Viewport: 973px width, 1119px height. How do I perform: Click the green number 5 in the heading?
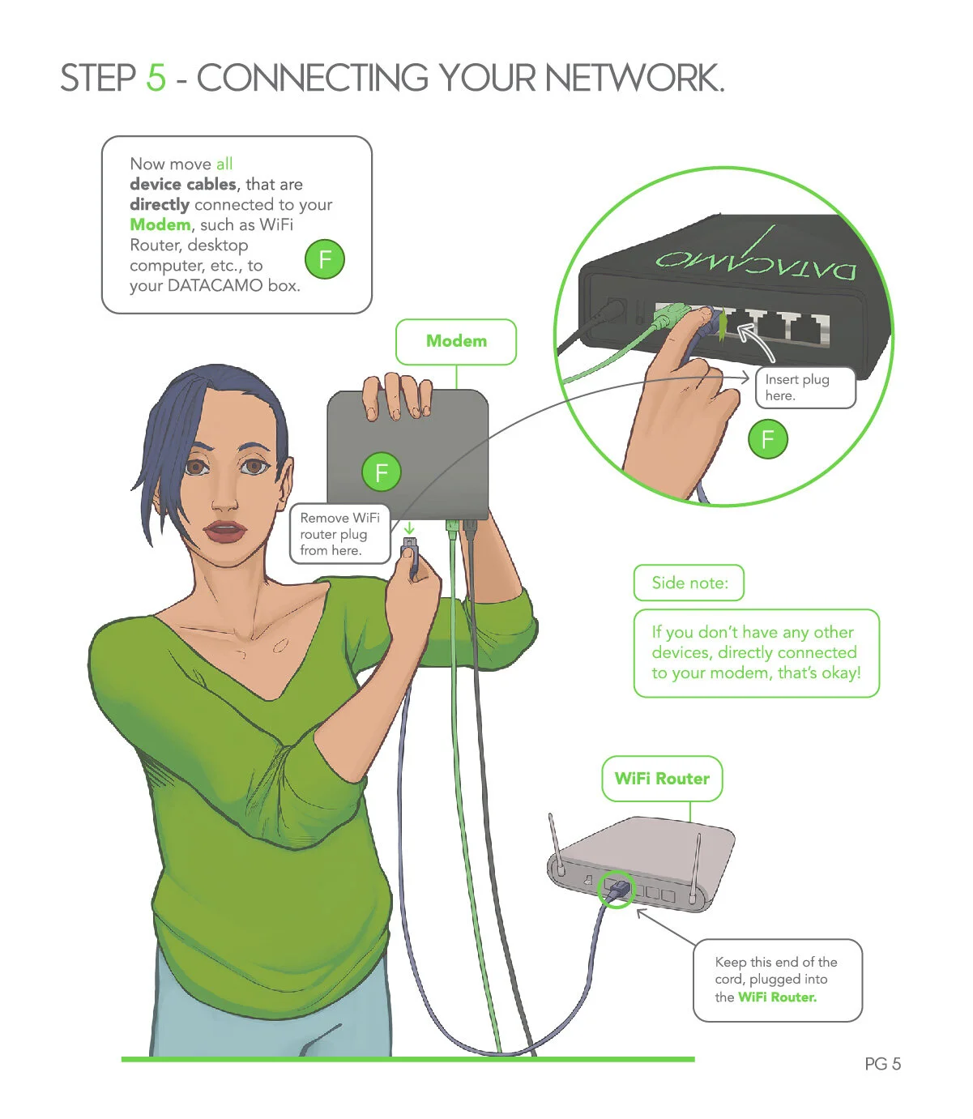pyautogui.click(x=156, y=78)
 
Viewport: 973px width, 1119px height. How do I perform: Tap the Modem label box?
pyautogui.click(x=456, y=341)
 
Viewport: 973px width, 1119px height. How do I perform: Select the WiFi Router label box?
pyautogui.click(x=661, y=778)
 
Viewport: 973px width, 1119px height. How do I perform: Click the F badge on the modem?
pyautogui.click(x=382, y=472)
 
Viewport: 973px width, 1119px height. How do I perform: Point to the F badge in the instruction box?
pyautogui.click(x=325, y=258)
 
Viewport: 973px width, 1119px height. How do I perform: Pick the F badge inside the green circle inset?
pyautogui.click(x=767, y=438)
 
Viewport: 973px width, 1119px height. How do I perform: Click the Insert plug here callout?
pyautogui.click(x=805, y=387)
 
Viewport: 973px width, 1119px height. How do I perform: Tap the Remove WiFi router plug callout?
pyautogui.click(x=339, y=534)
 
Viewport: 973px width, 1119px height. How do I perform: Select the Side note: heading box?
pyautogui.click(x=689, y=583)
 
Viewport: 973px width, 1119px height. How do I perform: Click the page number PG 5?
pyautogui.click(x=882, y=1063)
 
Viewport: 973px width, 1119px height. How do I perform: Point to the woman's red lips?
pyautogui.click(x=224, y=531)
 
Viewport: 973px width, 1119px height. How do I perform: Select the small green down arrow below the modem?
pyautogui.click(x=409, y=527)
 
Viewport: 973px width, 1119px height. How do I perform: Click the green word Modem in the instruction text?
pyautogui.click(x=160, y=224)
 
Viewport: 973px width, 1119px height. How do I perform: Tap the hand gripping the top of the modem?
pyautogui.click(x=398, y=395)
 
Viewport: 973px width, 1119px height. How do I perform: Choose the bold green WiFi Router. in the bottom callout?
pyautogui.click(x=777, y=997)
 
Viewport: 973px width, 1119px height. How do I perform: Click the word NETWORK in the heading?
pyautogui.click(x=634, y=78)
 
